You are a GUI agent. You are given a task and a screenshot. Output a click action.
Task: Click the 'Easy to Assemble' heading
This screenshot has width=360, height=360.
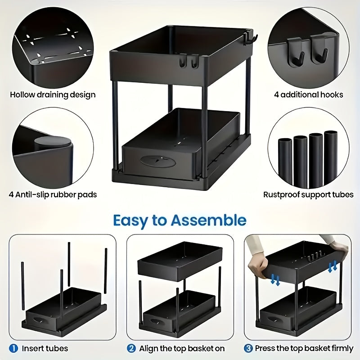pyautogui.click(x=180, y=220)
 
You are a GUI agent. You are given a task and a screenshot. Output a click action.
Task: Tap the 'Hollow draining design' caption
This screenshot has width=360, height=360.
pyautogui.click(x=53, y=95)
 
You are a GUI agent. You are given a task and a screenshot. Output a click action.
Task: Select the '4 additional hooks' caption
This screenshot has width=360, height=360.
pyautogui.click(x=309, y=95)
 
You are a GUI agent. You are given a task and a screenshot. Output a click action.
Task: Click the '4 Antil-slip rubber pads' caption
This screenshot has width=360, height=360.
pyautogui.click(x=53, y=195)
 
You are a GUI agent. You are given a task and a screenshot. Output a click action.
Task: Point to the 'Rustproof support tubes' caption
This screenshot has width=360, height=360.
pyautogui.click(x=308, y=195)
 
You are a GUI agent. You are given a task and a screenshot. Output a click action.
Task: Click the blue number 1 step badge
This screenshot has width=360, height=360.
pyautogui.click(x=13, y=348)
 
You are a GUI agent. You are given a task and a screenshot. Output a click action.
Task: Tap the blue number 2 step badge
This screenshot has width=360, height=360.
pyautogui.click(x=131, y=348)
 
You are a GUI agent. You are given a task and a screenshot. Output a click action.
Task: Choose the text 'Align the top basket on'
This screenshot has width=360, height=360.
pyautogui.click(x=182, y=348)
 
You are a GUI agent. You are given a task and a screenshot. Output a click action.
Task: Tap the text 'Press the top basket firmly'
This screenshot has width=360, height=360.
pyautogui.click(x=304, y=348)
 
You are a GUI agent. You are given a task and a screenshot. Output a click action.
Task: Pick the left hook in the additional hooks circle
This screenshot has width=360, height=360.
pyautogui.click(x=299, y=56)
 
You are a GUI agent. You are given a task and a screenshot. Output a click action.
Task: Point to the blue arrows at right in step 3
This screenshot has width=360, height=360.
pyautogui.click(x=333, y=266)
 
